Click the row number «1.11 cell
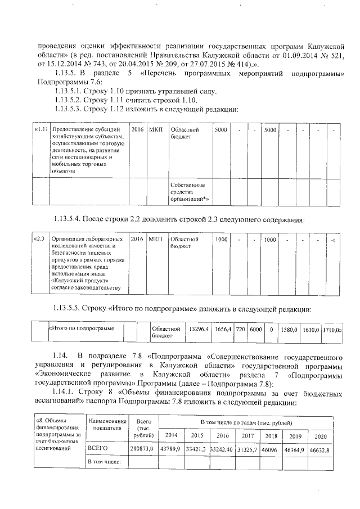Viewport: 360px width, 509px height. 40,130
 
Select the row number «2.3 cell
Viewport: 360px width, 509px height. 40,240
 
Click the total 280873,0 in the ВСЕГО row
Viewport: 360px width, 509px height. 142,448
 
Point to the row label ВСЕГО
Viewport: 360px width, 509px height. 97,448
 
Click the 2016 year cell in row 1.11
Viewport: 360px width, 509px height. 137,130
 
